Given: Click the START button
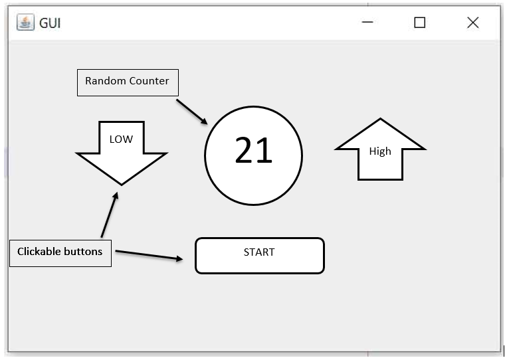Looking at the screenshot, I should pyautogui.click(x=259, y=255).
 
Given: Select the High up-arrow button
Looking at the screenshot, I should pyautogui.click(x=380, y=152).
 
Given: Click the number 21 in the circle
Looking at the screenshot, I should pyautogui.click(x=253, y=151).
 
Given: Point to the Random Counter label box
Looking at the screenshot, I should pyautogui.click(x=128, y=82).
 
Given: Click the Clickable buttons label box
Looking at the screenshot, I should pyautogui.click(x=60, y=252).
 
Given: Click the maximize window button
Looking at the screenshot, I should pyautogui.click(x=419, y=23).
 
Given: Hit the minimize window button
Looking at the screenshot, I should pyautogui.click(x=367, y=23).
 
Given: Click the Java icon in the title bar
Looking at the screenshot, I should pyautogui.click(x=25, y=23).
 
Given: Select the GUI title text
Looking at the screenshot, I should pyautogui.click(x=51, y=23).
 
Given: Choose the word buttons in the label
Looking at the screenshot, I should pyautogui.click(x=82, y=252).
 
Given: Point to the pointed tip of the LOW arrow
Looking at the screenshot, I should pyautogui.click(x=122, y=183).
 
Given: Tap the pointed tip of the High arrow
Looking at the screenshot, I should pyautogui.click(x=380, y=120).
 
